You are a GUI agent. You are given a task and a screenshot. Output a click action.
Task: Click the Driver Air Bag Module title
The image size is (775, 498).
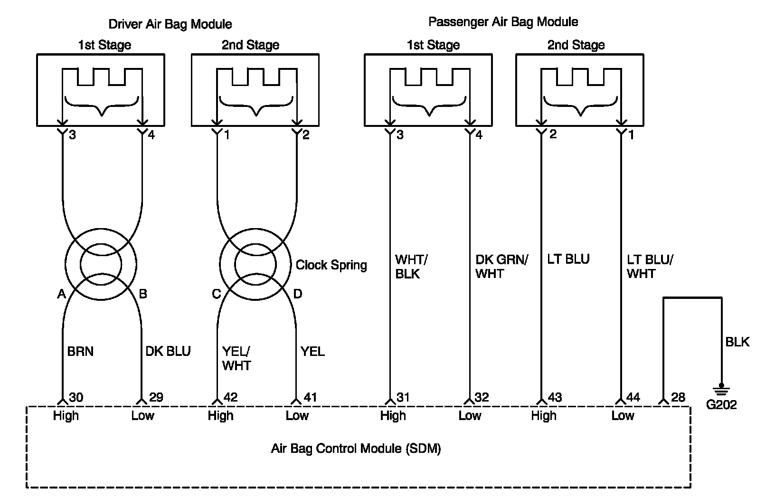(x=170, y=24)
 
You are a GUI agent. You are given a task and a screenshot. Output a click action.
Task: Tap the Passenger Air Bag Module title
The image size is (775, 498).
(x=503, y=22)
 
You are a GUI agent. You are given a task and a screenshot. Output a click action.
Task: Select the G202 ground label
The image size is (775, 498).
(x=721, y=404)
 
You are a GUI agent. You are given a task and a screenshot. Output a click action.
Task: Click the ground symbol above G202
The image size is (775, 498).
(x=721, y=390)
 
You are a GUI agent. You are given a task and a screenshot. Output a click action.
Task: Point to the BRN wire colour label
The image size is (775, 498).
(x=80, y=352)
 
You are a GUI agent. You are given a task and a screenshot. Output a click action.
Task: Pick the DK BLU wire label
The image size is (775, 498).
(x=168, y=352)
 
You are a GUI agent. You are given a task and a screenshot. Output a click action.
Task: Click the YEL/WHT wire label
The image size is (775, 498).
(x=236, y=358)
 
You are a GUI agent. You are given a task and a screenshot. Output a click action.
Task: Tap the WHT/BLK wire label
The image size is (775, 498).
(x=411, y=267)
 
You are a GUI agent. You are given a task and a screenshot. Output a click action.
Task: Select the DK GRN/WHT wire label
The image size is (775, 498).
(x=501, y=267)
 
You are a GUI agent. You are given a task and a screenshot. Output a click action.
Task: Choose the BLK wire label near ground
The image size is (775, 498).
(x=737, y=342)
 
